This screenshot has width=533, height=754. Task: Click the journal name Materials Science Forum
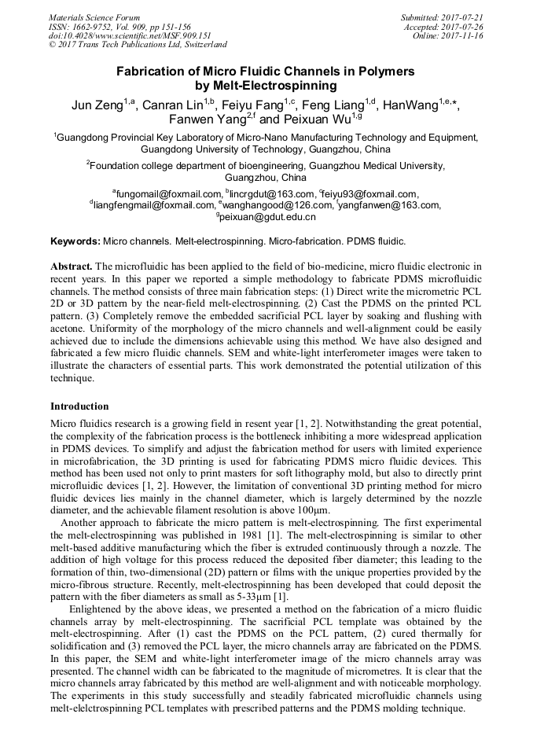[94, 17]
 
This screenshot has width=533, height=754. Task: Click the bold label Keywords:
[75, 240]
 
